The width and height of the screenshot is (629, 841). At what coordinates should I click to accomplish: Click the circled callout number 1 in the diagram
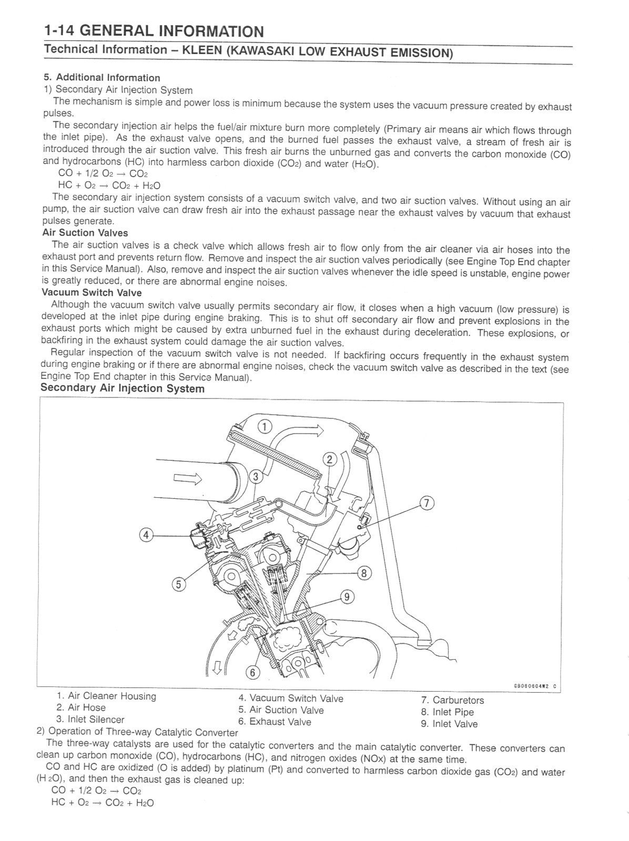coord(265,426)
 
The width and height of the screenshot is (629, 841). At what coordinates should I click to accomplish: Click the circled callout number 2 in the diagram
coord(330,459)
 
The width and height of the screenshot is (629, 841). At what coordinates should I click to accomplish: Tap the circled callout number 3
coord(256,477)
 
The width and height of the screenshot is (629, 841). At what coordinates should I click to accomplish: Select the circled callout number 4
coord(146,535)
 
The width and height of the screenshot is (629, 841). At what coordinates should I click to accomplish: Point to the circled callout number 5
coord(179,584)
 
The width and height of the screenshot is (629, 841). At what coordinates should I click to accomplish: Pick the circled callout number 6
coord(252,672)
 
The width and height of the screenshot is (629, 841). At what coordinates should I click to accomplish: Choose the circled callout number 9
coord(347,597)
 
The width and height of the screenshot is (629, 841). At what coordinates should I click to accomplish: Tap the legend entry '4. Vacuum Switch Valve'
coord(290,699)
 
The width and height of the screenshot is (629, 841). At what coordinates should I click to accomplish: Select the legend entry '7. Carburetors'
coord(452,700)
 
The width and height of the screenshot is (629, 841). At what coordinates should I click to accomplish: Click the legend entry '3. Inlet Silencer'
coord(90,719)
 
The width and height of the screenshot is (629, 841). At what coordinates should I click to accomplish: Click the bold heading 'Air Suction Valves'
coord(85,233)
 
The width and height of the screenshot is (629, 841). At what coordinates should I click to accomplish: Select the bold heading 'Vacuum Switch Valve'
coord(92,293)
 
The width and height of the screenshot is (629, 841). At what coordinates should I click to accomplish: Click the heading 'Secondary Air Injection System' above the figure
coord(123,388)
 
